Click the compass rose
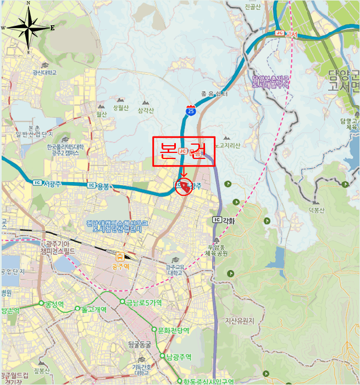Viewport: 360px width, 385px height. pyautogui.click(x=28, y=27)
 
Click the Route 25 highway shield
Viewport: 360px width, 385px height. pyautogui.click(x=190, y=111)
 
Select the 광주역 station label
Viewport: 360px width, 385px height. pyautogui.click(x=120, y=266)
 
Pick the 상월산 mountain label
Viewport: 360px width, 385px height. pyautogui.click(x=120, y=108)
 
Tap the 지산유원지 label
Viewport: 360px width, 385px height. pyautogui.click(x=240, y=320)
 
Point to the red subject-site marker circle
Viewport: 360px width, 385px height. pyautogui.click(x=185, y=188)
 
